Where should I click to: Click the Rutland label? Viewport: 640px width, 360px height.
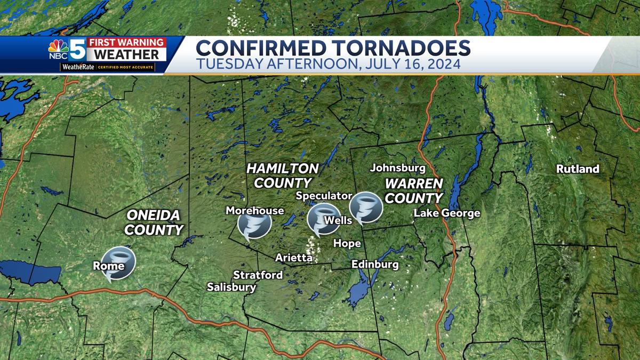[578, 169]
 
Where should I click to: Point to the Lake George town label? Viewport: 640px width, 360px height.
[447, 213]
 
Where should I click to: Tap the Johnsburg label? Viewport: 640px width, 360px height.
[397, 168]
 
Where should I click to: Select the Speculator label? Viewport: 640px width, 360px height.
[324, 196]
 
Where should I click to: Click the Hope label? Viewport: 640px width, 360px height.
[347, 244]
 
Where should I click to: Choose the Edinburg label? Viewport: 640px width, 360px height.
[375, 265]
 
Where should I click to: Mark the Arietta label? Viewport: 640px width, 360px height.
[293, 258]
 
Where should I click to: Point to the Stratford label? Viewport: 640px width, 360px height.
[258, 275]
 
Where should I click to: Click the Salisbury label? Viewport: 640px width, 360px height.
[231, 287]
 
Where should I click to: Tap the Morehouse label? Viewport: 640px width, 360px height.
[255, 210]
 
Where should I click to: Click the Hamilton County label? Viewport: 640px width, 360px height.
[283, 176]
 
